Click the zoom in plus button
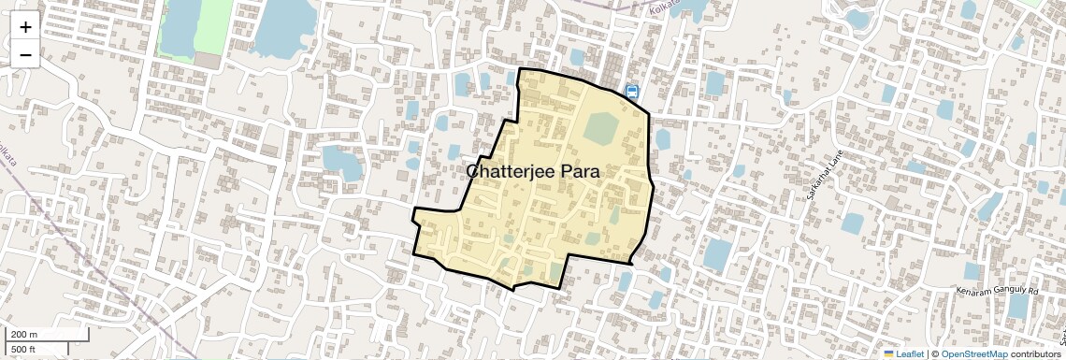[25, 26]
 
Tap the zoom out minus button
[25, 54]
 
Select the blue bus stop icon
[632, 92]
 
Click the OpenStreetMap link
[973, 353]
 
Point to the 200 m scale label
[24, 335]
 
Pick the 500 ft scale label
[23, 349]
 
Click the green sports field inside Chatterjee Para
[602, 128]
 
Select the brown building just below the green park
[208, 60]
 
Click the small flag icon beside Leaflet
[889, 353]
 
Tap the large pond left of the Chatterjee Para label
[342, 162]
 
